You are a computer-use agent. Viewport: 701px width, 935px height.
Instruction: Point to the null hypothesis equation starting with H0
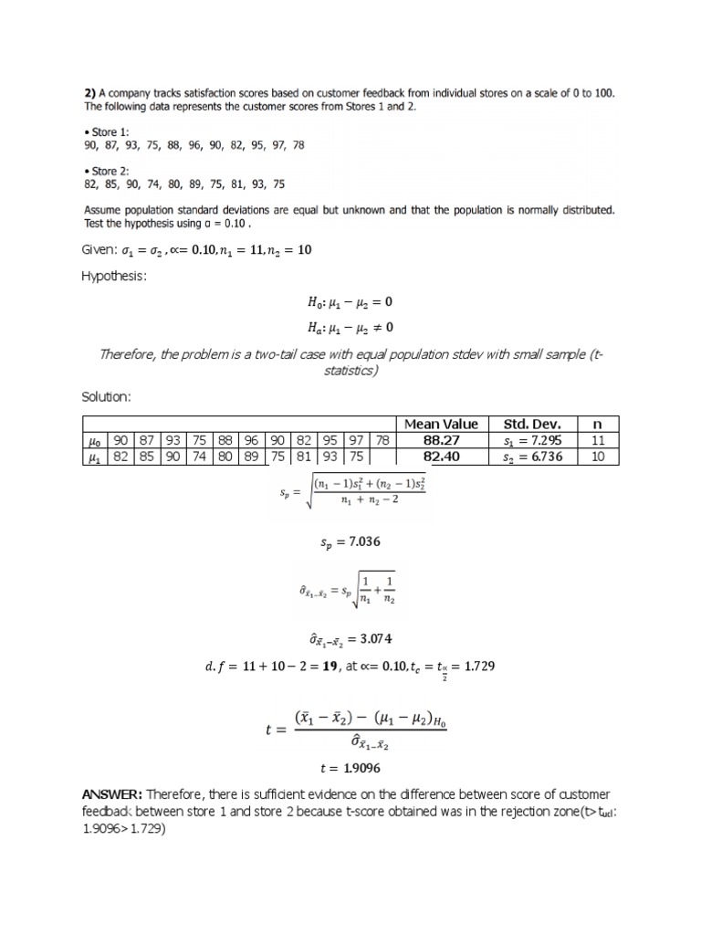pos(350,301)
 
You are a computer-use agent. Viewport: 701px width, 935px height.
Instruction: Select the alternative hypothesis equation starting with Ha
pos(350,327)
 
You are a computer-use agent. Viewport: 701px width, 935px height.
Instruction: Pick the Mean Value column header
pos(441,424)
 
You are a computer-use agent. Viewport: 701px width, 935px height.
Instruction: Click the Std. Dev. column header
pos(534,424)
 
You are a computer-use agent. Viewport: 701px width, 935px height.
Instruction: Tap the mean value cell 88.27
pos(441,440)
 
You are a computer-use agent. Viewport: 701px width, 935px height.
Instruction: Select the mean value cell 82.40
pos(441,457)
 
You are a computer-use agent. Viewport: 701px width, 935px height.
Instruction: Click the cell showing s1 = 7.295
pos(534,440)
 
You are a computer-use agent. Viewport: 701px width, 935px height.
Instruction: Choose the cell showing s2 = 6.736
pos(534,457)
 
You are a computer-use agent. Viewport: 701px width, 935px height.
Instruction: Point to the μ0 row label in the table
pos(94,440)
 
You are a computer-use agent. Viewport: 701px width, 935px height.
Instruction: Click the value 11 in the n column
pos(599,440)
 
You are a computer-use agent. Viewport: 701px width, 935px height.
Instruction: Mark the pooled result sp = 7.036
pos(350,542)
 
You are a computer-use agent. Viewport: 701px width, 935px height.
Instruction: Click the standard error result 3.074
pos(350,636)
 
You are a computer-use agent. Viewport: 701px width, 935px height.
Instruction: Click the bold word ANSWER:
pos(111,794)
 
